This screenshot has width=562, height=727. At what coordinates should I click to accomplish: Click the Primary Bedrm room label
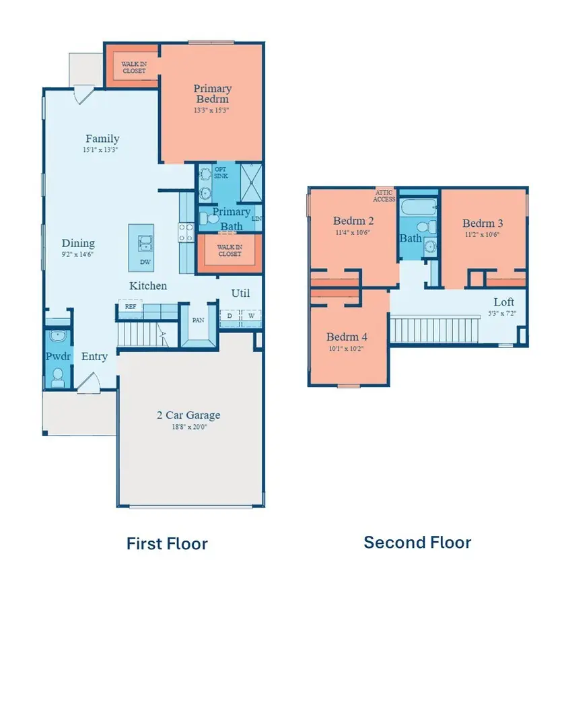(212, 94)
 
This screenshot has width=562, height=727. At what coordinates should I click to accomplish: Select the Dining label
(78, 243)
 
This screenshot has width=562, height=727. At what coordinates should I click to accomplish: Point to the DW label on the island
(145, 262)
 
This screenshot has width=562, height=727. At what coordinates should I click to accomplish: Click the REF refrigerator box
(129, 306)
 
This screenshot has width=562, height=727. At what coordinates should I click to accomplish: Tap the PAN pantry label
(198, 320)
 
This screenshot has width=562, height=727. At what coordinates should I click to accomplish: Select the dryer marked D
(230, 315)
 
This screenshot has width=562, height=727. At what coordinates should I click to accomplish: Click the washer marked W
(250, 315)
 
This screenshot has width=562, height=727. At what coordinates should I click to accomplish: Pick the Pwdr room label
(57, 356)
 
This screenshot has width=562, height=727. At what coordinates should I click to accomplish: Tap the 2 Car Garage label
(188, 415)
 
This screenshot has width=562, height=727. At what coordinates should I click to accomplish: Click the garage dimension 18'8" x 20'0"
(188, 427)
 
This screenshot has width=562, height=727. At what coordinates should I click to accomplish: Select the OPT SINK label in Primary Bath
(221, 172)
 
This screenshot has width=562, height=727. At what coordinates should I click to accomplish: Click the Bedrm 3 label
(483, 223)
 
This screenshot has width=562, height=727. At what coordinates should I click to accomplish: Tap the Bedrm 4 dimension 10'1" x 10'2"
(347, 349)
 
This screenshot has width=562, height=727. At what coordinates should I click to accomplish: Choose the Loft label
(503, 302)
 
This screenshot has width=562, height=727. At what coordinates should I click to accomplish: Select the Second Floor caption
(417, 542)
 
